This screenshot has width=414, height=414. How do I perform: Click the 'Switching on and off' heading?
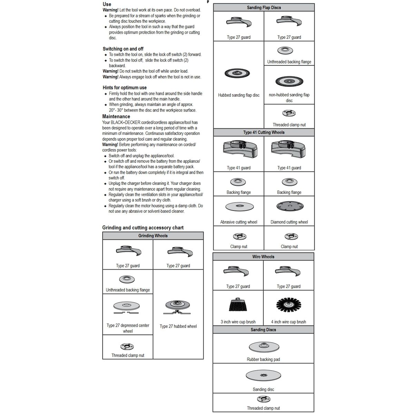[x=123, y=49]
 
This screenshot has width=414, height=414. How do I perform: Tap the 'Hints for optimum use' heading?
[x=125, y=88]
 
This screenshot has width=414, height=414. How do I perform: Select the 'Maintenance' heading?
[x=116, y=117]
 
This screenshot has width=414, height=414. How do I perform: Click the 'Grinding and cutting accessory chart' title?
[x=143, y=228]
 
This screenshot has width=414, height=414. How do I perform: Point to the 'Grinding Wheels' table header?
[x=153, y=236]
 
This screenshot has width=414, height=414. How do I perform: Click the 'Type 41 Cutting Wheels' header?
[x=264, y=132]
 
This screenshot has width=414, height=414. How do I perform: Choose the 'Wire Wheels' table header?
[x=263, y=257]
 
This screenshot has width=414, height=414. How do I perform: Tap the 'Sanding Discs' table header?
[x=263, y=330]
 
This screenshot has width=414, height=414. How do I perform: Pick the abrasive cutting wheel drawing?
[x=239, y=207]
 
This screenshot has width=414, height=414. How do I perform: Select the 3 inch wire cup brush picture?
[x=238, y=305]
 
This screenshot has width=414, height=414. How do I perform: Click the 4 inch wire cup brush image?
[x=288, y=304]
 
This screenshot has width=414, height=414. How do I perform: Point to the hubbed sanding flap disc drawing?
[x=237, y=73]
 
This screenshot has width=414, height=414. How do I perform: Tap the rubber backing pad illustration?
[x=263, y=347]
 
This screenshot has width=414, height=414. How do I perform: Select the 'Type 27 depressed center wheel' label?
[x=128, y=328]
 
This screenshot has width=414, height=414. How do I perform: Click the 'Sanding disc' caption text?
[x=263, y=390]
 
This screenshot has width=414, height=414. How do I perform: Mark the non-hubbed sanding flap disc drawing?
[x=289, y=81]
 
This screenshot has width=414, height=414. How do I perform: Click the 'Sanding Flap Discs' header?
[x=264, y=8]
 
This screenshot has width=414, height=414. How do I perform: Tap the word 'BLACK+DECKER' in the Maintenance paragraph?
[x=126, y=122]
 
